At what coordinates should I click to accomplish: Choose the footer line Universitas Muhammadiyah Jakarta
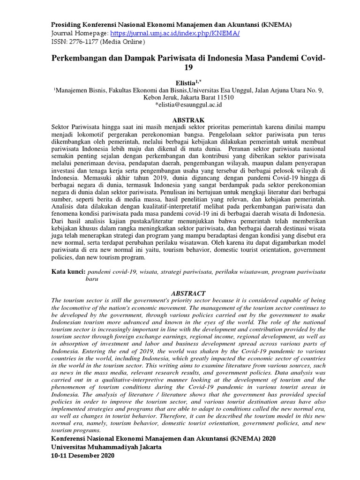[106, 447]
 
